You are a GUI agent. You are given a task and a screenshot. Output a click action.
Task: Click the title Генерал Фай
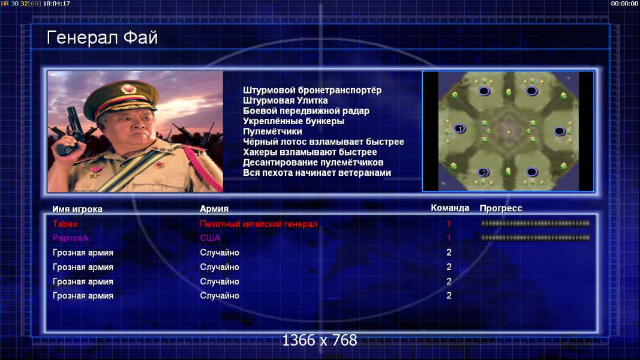point(102,38)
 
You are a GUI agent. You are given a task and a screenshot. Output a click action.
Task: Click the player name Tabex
point(65,224)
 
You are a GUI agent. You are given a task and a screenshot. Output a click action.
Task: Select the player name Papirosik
point(71,238)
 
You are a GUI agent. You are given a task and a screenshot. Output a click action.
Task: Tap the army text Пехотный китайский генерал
point(259,224)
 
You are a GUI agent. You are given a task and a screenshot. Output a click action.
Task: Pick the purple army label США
point(210,238)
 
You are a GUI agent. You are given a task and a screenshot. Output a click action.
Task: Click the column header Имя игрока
point(77,209)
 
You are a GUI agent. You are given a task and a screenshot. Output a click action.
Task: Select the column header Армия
point(214,209)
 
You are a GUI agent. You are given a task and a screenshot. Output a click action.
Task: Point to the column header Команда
point(450,208)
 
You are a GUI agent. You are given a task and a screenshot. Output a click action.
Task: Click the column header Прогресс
point(501,208)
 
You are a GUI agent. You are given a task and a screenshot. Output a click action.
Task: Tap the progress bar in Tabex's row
point(536,224)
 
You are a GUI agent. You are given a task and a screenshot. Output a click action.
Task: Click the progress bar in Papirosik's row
point(536,238)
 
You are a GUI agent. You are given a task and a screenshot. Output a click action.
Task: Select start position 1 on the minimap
point(459,129)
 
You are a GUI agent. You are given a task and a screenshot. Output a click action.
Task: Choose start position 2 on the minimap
point(483,172)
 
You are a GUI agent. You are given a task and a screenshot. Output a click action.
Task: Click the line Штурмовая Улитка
point(286,100)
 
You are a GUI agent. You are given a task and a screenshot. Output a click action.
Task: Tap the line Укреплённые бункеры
point(293,121)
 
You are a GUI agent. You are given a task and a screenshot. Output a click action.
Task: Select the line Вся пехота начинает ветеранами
point(317,173)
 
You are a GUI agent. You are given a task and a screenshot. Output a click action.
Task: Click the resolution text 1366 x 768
point(320,340)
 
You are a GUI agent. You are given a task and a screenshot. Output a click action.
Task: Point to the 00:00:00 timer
point(624,4)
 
